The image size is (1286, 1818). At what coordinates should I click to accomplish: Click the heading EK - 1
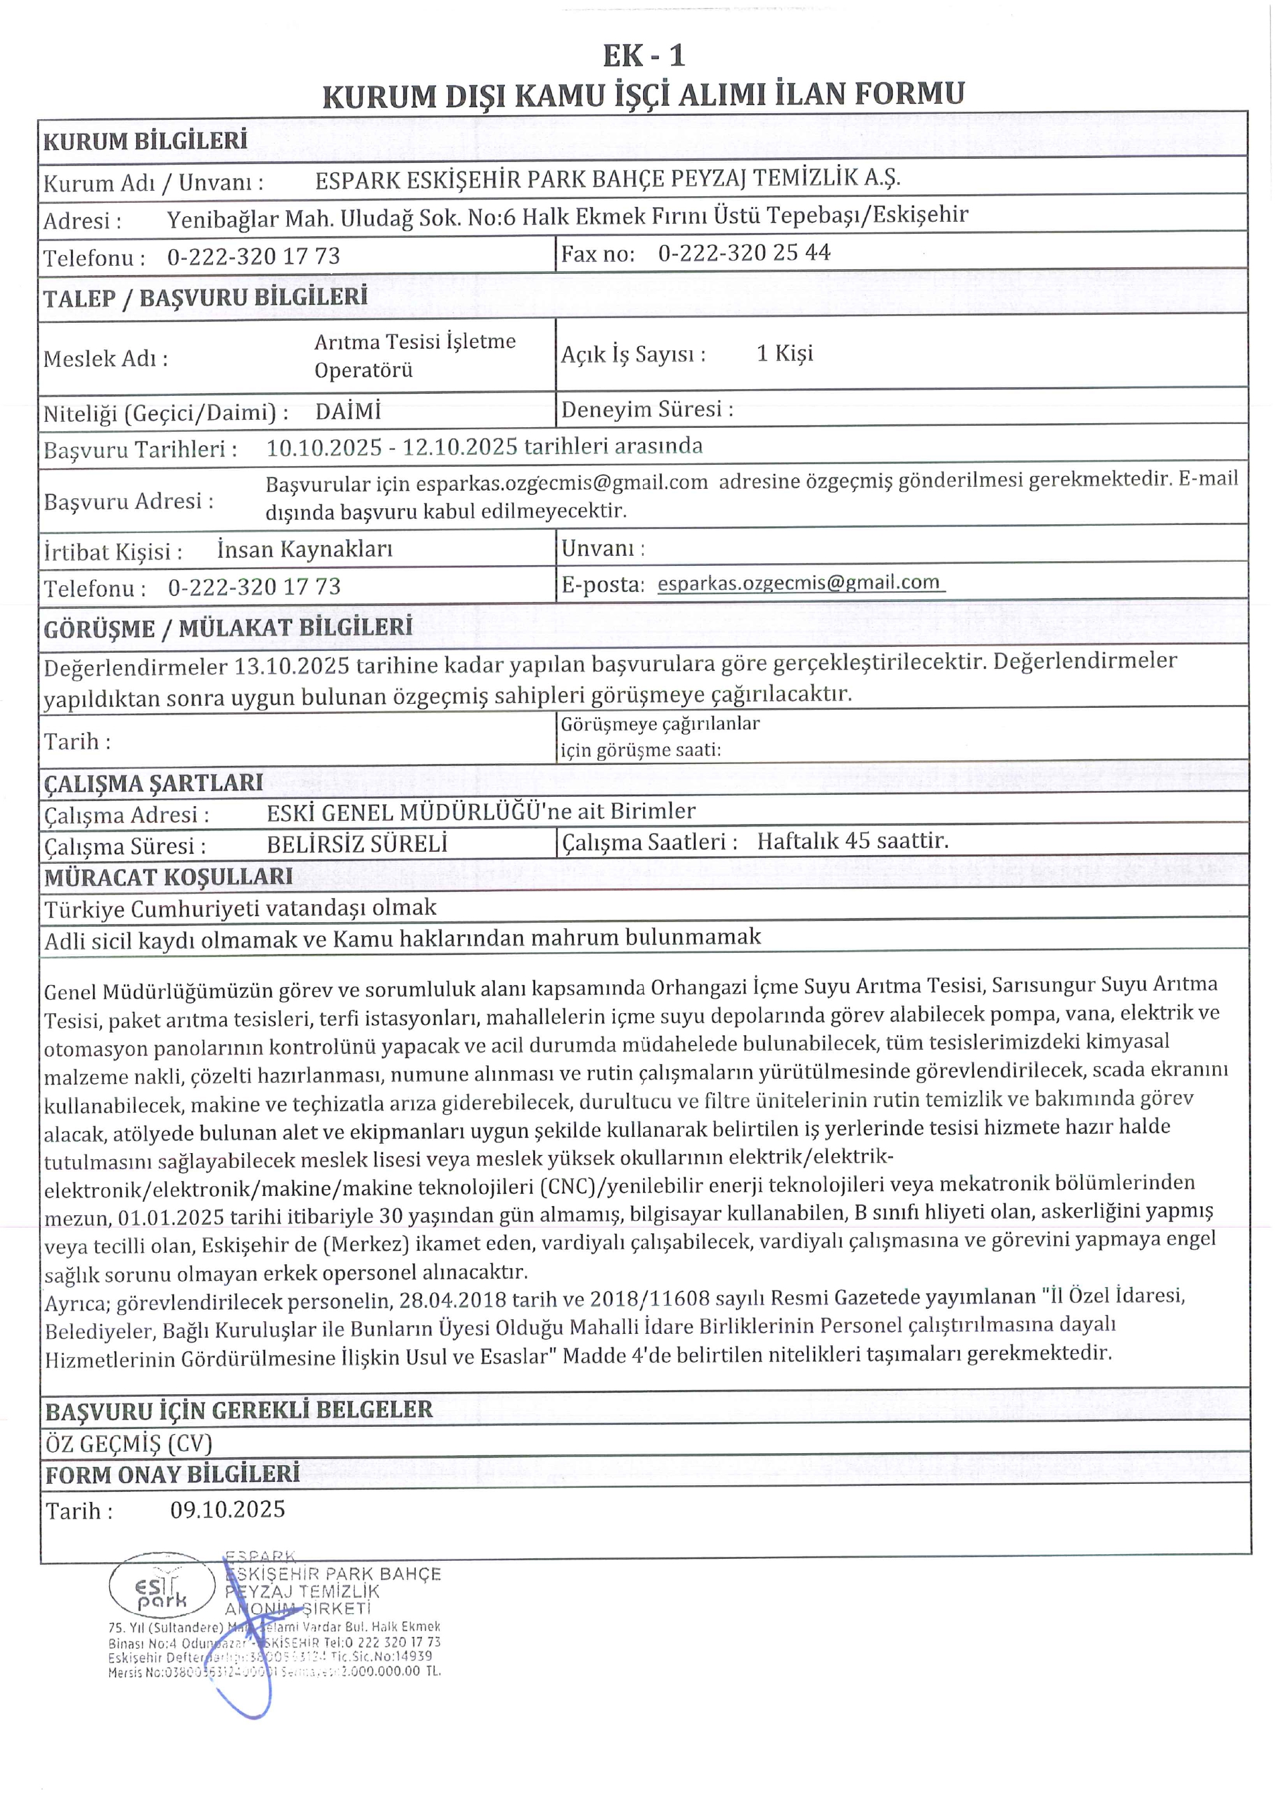point(643,56)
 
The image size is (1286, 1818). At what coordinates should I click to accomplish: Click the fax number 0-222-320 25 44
point(743,253)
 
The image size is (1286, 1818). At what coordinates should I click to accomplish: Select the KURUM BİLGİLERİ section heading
point(145,142)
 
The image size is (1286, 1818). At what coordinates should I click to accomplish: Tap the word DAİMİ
point(348,412)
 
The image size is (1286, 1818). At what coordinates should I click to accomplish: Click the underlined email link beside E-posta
point(800,583)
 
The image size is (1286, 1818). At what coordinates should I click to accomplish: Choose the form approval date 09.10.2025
point(227,1510)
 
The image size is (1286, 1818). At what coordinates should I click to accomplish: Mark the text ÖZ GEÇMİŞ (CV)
point(129,1444)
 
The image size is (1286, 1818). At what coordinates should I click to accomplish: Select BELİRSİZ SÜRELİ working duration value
point(357,844)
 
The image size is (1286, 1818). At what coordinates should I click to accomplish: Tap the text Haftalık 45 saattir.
point(852,841)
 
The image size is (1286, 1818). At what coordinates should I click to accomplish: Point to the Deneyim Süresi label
point(647,409)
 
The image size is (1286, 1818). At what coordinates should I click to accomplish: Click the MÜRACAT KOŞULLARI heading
point(169,877)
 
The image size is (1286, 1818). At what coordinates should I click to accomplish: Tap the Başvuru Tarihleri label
point(140,450)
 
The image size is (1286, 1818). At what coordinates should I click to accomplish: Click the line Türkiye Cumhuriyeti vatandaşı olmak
point(240,908)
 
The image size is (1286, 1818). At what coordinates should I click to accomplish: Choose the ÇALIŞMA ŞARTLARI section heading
point(153,782)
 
